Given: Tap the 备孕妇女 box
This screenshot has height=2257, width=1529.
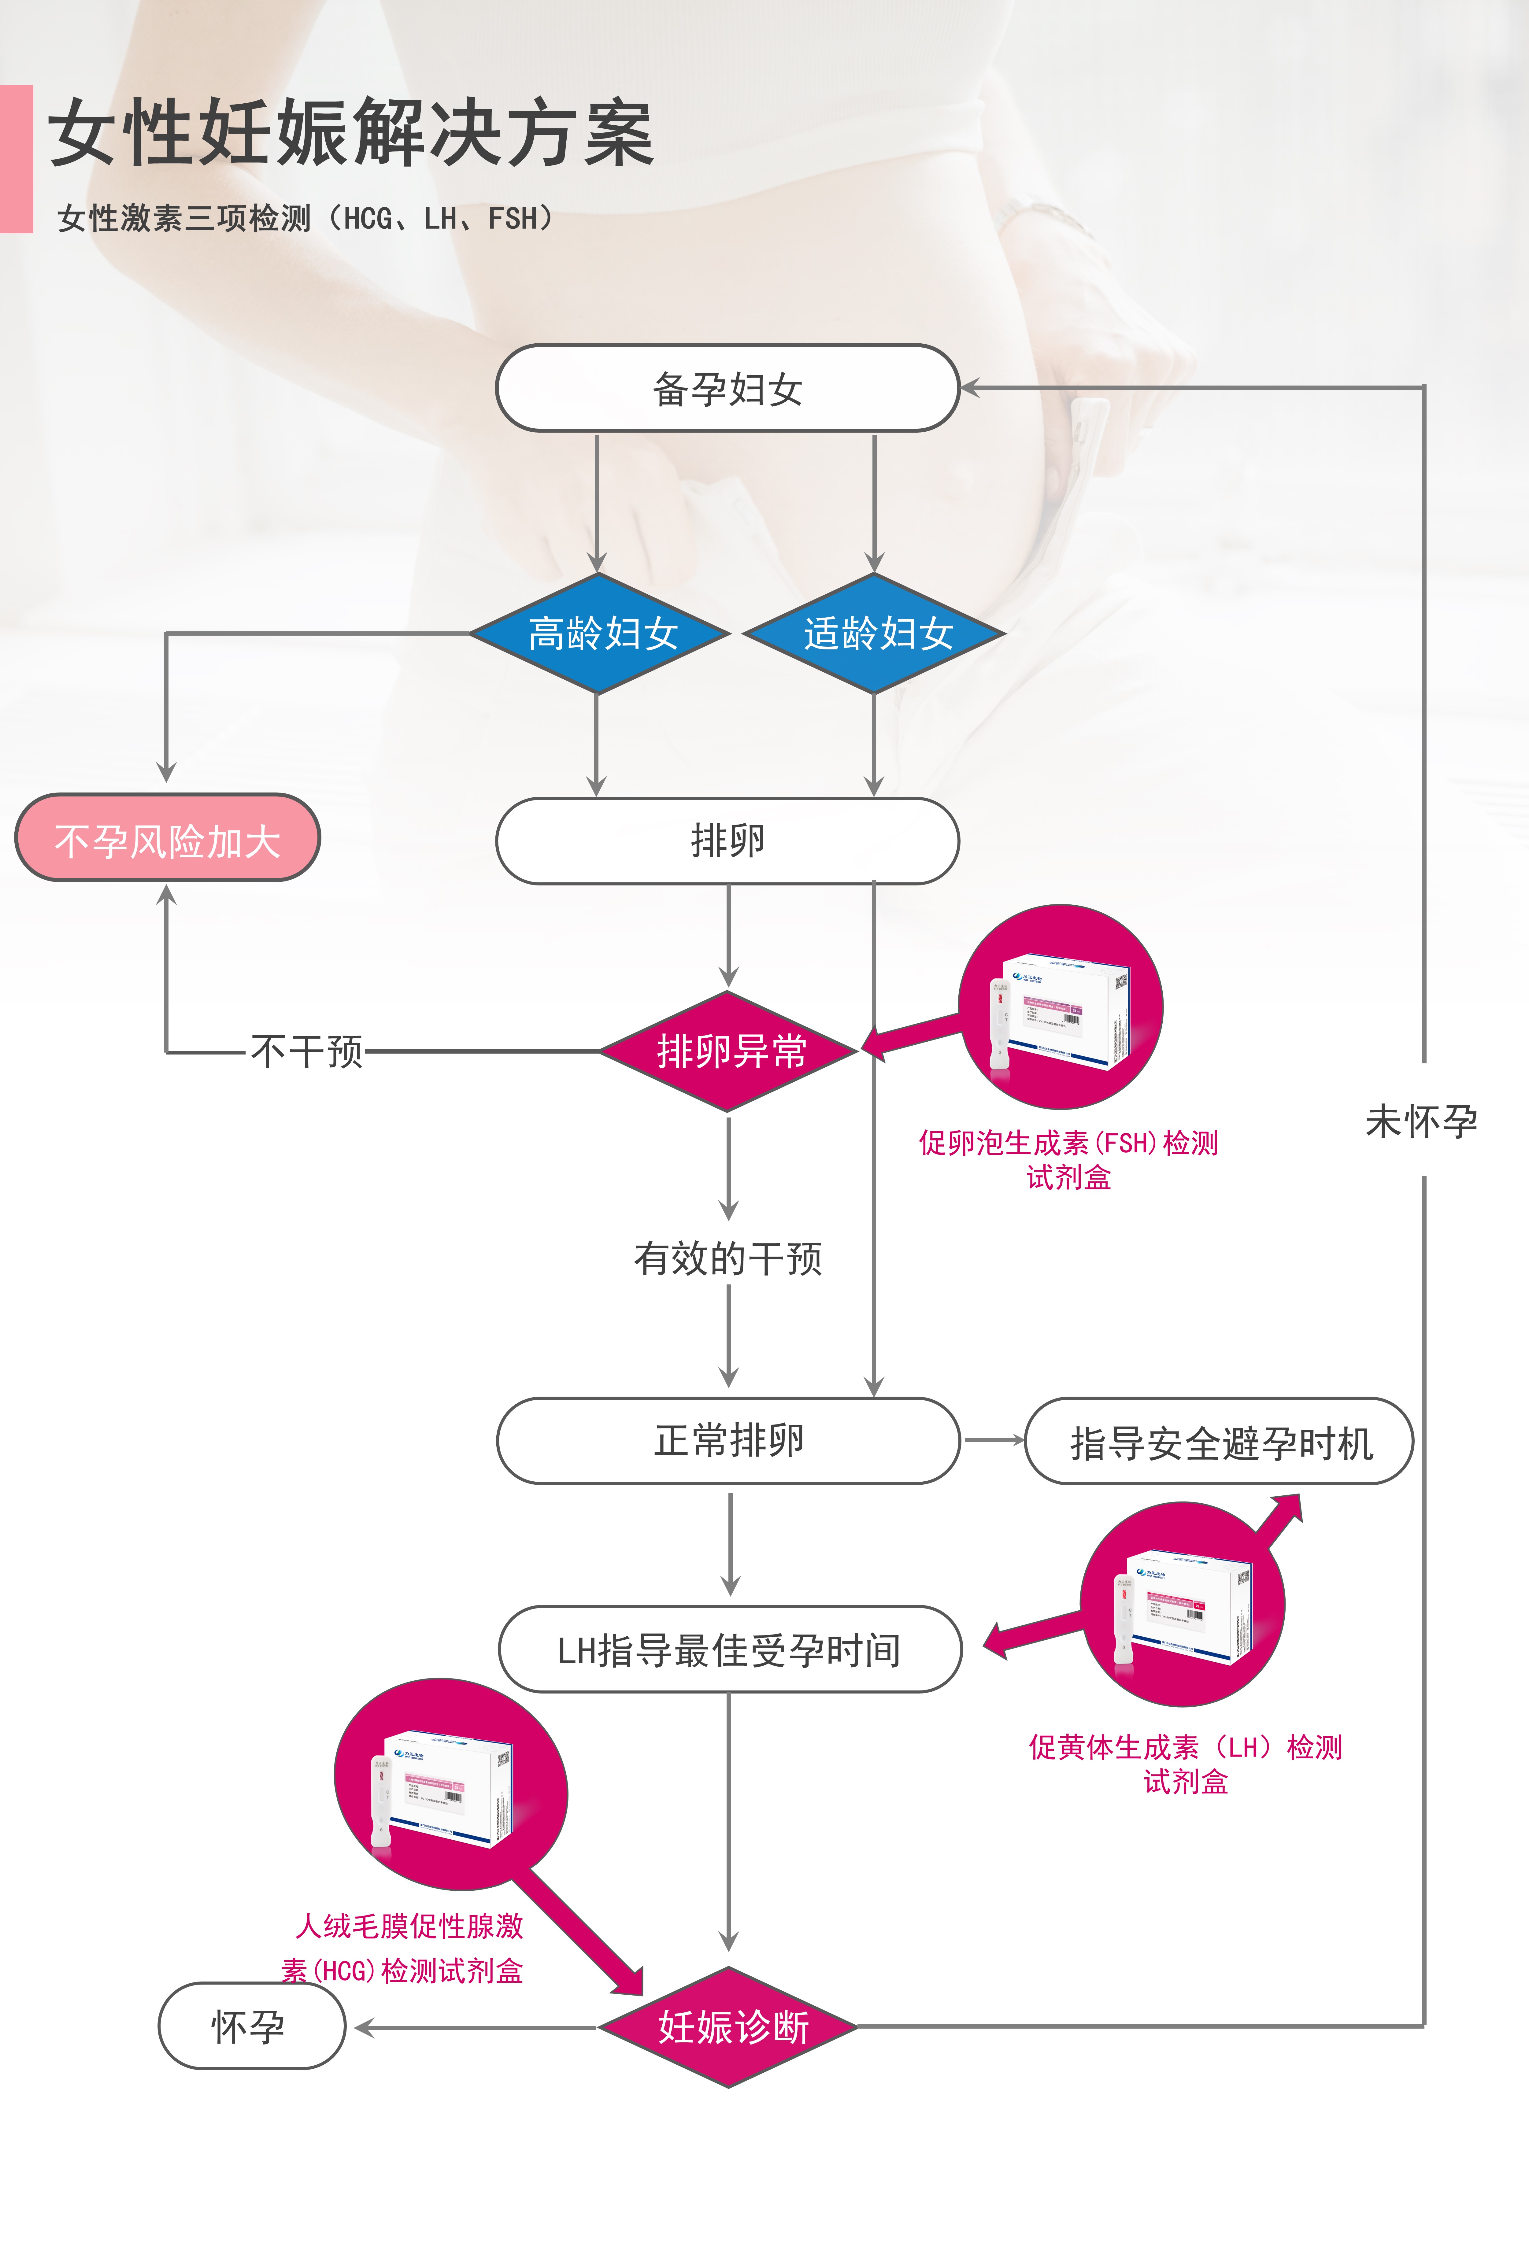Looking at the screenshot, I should (x=727, y=389).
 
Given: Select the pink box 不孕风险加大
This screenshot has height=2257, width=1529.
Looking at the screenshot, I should (x=167, y=839).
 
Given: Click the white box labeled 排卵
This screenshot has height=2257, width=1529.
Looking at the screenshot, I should (x=727, y=840).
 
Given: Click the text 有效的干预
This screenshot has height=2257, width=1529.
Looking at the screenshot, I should (x=727, y=1259).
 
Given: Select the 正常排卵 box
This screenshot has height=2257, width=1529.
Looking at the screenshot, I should (x=728, y=1440).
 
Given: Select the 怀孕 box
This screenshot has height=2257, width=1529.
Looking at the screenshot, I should (x=251, y=2027).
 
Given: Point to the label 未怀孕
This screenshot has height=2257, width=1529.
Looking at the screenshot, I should (x=1421, y=1122).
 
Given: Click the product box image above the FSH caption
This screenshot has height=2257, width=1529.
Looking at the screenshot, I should (x=1061, y=1010).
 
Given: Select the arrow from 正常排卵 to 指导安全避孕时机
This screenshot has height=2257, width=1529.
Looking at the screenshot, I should (x=993, y=1440).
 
